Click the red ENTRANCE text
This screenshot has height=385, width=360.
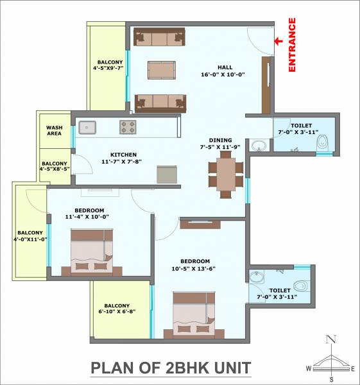click(x=292, y=45)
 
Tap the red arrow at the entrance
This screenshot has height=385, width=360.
click(x=280, y=42)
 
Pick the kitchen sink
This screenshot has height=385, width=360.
click(x=88, y=127)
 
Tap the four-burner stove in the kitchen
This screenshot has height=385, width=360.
click(x=128, y=127)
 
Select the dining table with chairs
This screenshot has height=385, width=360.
click(x=226, y=173)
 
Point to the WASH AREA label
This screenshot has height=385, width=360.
click(x=54, y=131)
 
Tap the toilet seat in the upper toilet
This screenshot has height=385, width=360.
click(x=322, y=142)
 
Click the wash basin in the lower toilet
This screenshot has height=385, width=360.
click(x=257, y=278)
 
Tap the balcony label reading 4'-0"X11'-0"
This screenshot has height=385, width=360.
click(x=30, y=235)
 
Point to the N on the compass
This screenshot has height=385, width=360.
click(x=330, y=339)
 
